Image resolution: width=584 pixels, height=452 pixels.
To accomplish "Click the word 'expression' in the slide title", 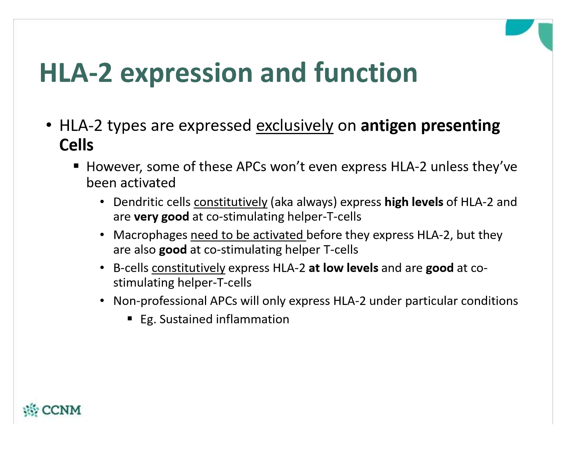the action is coord(186,73).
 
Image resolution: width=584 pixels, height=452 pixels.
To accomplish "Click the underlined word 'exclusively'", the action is coord(295,126).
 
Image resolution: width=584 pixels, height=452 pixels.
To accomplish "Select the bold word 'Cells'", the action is coord(76,145).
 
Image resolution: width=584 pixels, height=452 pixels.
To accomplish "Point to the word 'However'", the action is coord(114,167).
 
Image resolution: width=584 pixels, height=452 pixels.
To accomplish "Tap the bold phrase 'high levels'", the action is coord(414,202).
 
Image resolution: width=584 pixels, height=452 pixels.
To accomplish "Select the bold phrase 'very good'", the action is coord(161,217).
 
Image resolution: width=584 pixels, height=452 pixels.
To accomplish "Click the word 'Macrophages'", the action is coord(150,235).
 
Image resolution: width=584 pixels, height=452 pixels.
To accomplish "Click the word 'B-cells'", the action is coord(131,268).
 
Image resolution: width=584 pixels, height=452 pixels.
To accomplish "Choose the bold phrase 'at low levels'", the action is coord(344,268).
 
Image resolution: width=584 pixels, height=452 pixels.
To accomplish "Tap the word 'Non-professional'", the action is coord(160,301).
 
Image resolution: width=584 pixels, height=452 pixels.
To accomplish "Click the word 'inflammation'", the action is coord(252,319).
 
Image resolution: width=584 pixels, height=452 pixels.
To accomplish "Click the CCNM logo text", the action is coord(62,410).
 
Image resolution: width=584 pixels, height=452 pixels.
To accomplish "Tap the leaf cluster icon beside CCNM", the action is coord(31,410).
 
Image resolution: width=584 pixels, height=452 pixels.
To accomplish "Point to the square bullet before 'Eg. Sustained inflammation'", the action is coord(130,319).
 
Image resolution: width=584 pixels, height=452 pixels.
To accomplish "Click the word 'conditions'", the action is coord(489,301).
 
